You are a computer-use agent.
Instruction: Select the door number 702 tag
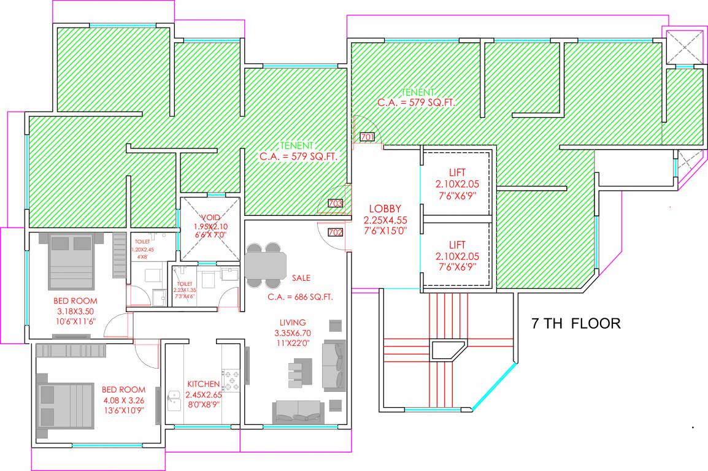pos(335,232)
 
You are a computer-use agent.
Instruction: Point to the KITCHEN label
pos(203,384)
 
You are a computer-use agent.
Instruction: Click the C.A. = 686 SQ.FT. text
pos(300,297)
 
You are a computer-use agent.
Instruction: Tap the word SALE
pos(301,278)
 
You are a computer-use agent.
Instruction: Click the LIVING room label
pos(293,323)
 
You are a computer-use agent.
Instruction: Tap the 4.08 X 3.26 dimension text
pos(123,400)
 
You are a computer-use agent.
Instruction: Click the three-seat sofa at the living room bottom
pos(298,411)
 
